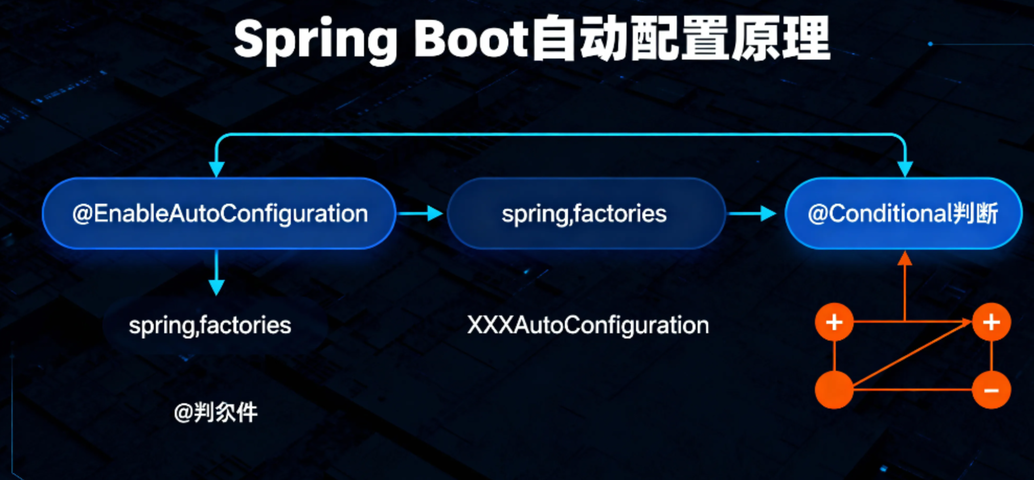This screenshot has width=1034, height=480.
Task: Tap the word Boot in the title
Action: pyautogui.click(x=471, y=39)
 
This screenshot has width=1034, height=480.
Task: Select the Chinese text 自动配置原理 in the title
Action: pyautogui.click(x=680, y=39)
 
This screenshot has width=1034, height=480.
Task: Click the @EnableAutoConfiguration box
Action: pyautogui.click(x=219, y=214)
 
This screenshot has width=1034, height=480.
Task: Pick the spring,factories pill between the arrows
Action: pyautogui.click(x=585, y=214)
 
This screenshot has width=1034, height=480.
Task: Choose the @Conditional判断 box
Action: pyautogui.click(x=903, y=214)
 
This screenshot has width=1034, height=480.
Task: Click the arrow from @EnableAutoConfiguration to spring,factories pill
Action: pyautogui.click(x=421, y=213)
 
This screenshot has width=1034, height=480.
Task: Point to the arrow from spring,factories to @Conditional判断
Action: pyautogui.click(x=753, y=213)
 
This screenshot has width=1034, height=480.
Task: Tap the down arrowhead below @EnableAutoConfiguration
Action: pyautogui.click(x=217, y=287)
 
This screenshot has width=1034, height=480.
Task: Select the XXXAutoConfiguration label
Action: pyautogui.click(x=588, y=325)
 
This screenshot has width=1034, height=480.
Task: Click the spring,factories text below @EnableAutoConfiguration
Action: pyautogui.click(x=210, y=325)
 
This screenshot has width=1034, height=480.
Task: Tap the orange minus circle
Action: pyautogui.click(x=991, y=390)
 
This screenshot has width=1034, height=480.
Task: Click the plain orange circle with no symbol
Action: pyautogui.click(x=834, y=390)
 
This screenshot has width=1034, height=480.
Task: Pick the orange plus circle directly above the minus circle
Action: pyautogui.click(x=991, y=322)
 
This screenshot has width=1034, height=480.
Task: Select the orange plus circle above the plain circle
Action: pyautogui.click(x=834, y=322)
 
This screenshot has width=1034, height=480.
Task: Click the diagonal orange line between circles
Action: pyautogui.click(x=913, y=355)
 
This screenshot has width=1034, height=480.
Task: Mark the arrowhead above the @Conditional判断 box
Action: pyautogui.click(x=905, y=169)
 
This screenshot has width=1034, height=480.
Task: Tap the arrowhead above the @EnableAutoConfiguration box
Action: pyautogui.click(x=217, y=169)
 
